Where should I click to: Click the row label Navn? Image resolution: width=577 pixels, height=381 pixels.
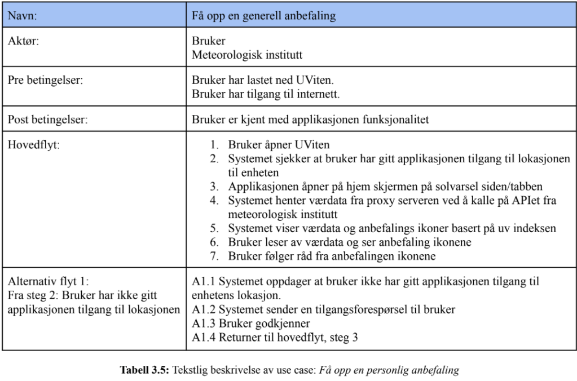pyautogui.click(x=22, y=16)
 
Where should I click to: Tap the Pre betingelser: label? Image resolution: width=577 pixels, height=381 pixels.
pyautogui.click(x=45, y=80)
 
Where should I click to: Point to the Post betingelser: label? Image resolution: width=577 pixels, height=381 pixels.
pyautogui.click(x=48, y=119)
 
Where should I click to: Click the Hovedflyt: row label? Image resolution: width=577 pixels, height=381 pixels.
pyautogui.click(x=33, y=145)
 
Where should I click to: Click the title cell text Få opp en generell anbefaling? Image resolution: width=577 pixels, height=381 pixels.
pyautogui.click(x=263, y=16)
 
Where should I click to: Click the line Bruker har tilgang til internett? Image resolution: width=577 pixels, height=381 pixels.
pyautogui.click(x=266, y=93)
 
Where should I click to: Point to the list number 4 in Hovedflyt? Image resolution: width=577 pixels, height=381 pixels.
pyautogui.click(x=215, y=200)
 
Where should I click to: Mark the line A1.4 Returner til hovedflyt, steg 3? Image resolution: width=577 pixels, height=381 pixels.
pyautogui.click(x=275, y=337)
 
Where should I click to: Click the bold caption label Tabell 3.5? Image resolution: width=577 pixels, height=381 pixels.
pyautogui.click(x=144, y=370)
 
